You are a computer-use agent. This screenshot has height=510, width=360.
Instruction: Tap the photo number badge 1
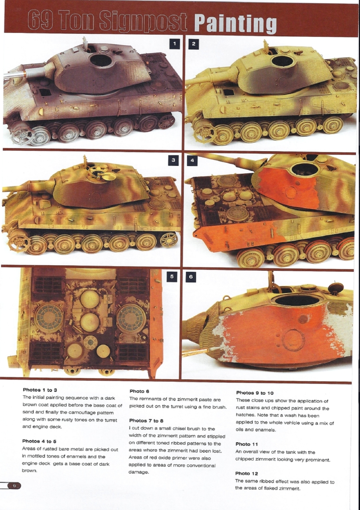175,44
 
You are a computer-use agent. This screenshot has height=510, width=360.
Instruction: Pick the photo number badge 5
173,277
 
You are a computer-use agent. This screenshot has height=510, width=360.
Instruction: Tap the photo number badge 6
190,277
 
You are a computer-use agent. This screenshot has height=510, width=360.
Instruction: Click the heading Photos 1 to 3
40,390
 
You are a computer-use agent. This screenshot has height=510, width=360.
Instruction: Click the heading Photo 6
139,391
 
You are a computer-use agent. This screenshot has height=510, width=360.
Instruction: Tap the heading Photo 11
247,444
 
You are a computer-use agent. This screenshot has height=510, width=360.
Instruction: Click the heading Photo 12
247,473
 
